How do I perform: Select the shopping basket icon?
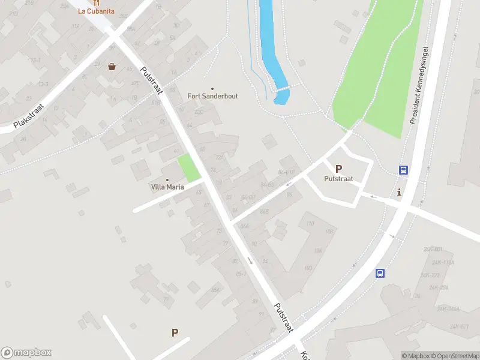pos(112,67)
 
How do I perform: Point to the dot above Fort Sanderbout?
pos(212,88)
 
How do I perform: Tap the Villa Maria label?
pos(167,187)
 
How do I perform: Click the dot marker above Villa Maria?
pos(167,179)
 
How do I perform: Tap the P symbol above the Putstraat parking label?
pos(338,169)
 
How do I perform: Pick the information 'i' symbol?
pos(400,192)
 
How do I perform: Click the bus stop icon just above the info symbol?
pos(404,170)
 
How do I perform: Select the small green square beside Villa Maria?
pos(189,168)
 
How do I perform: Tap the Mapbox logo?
pos(26,353)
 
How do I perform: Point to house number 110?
pos(310,224)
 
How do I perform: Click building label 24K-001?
pos(433,249)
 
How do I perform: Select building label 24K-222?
pos(430,275)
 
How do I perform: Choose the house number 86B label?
pos(264,211)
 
